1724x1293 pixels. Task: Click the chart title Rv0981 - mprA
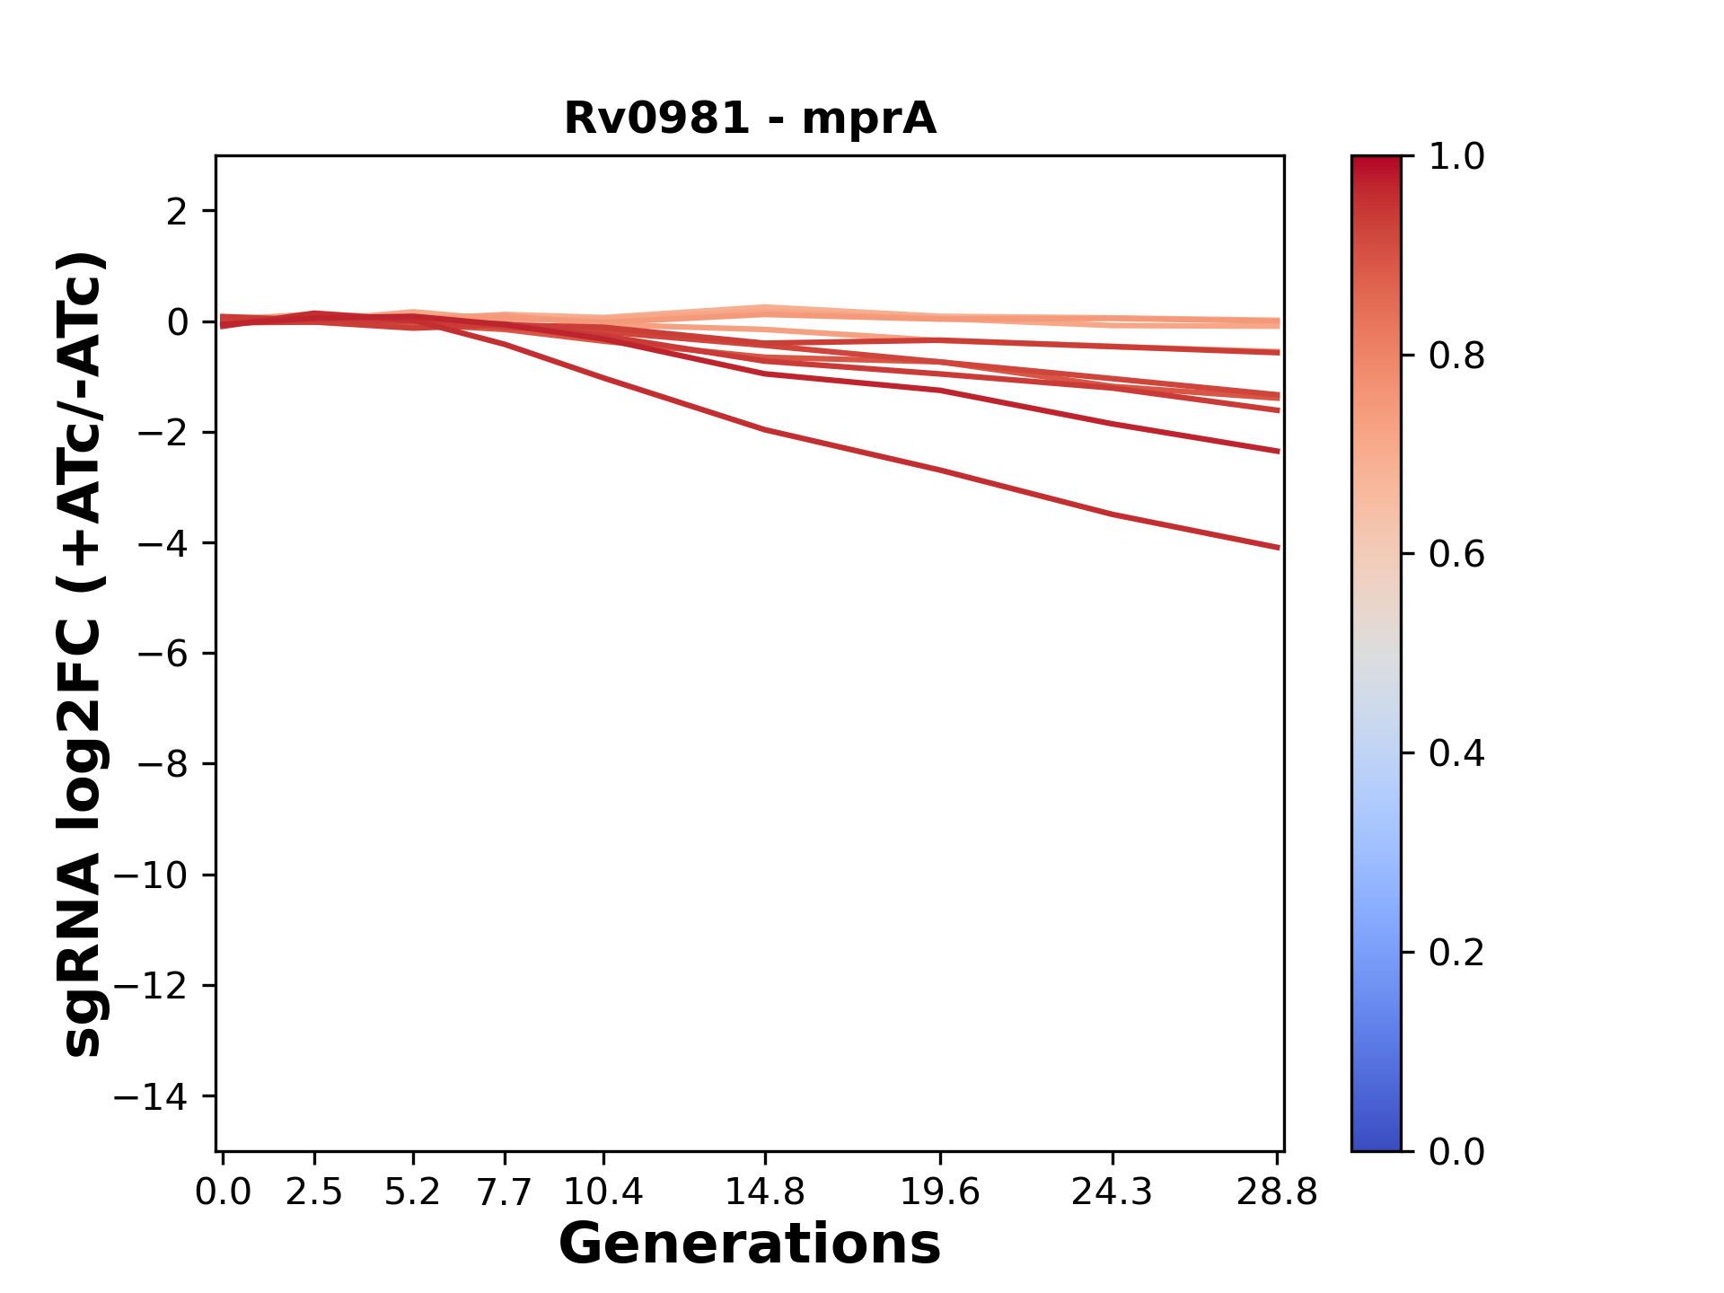point(750,119)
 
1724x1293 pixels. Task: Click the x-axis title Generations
point(750,1245)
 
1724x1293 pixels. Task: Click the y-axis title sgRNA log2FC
point(83,653)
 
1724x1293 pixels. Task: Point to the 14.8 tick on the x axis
point(764,1192)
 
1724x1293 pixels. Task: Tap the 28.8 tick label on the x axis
point(1277,1192)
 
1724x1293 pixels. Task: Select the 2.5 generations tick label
point(314,1192)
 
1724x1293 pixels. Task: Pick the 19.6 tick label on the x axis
point(939,1192)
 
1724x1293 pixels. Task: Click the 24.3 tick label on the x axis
point(1113,1192)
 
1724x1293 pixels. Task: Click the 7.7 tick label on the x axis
point(505,1192)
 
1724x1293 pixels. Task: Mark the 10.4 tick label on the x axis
point(603,1192)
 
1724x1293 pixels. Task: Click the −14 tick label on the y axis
point(150,1096)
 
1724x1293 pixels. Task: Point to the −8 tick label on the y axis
point(162,764)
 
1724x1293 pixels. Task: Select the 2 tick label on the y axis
point(177,212)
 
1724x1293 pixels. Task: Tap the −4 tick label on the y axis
point(162,543)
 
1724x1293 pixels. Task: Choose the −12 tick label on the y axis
point(150,986)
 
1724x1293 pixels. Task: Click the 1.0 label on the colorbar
point(1456,157)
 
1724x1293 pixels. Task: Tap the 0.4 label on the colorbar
point(1456,753)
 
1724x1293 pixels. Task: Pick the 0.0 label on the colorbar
point(1456,1151)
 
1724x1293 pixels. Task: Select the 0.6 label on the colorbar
point(1456,555)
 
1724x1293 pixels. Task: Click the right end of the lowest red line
point(1278,547)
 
